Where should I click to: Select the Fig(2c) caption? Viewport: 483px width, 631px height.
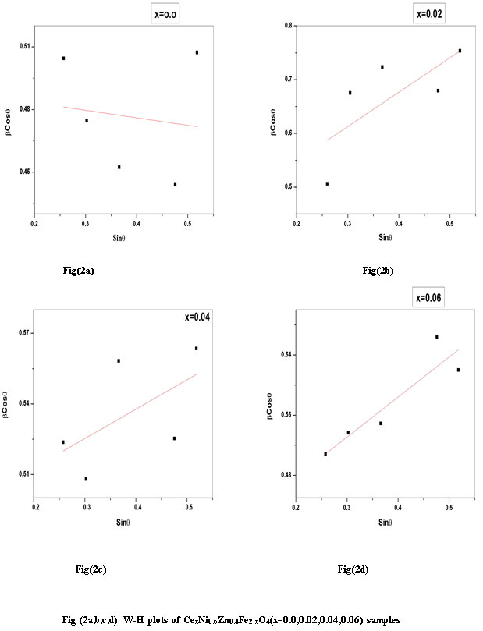[x=88, y=569]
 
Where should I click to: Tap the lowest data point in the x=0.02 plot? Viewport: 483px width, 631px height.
[x=327, y=183]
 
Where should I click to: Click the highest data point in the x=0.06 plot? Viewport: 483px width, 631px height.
[x=436, y=336]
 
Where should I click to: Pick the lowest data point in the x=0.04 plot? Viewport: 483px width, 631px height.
[x=86, y=478]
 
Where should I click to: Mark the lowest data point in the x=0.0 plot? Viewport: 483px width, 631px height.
[x=175, y=183]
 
